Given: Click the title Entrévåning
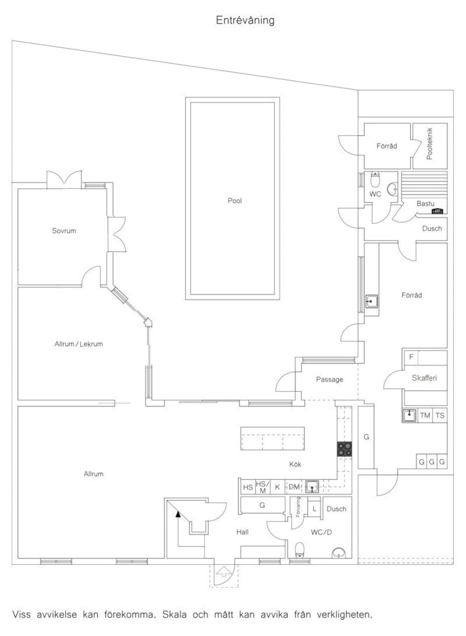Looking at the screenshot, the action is click(x=245, y=21).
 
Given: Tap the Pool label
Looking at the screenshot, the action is click(x=235, y=201).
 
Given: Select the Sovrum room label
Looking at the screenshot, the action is click(x=64, y=230).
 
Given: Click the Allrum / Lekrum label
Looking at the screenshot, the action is click(x=78, y=344).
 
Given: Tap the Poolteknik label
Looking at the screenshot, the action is click(x=429, y=144).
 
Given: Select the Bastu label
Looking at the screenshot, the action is click(x=425, y=204).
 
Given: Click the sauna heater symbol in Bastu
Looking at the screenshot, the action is click(x=437, y=211).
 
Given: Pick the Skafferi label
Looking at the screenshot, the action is click(x=424, y=378).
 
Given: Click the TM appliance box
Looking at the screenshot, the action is click(x=425, y=415).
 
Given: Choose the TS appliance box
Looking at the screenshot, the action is click(x=440, y=415).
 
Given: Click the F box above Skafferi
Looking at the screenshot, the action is click(x=410, y=357).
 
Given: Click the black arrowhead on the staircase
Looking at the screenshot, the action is click(x=178, y=514).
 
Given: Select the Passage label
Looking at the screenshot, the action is click(x=329, y=379).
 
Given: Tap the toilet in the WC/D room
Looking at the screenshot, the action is click(x=300, y=550).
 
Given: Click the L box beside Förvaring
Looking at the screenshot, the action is click(x=314, y=509).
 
